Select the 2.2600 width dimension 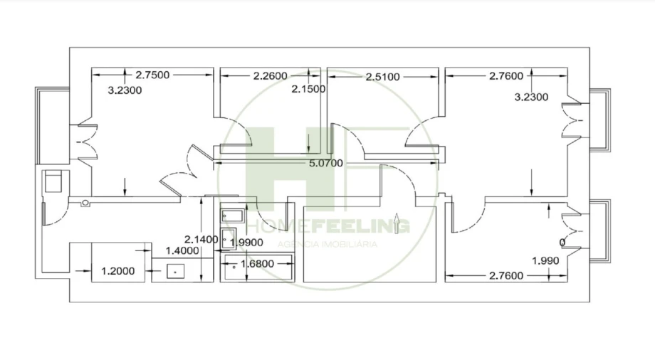coord(270,75)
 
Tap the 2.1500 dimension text coord(308,90)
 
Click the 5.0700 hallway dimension coord(325,163)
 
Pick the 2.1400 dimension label coord(201,239)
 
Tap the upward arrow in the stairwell coord(397,221)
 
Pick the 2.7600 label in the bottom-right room coord(507,275)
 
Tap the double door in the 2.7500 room coord(85,139)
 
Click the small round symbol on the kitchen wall coord(85,203)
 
